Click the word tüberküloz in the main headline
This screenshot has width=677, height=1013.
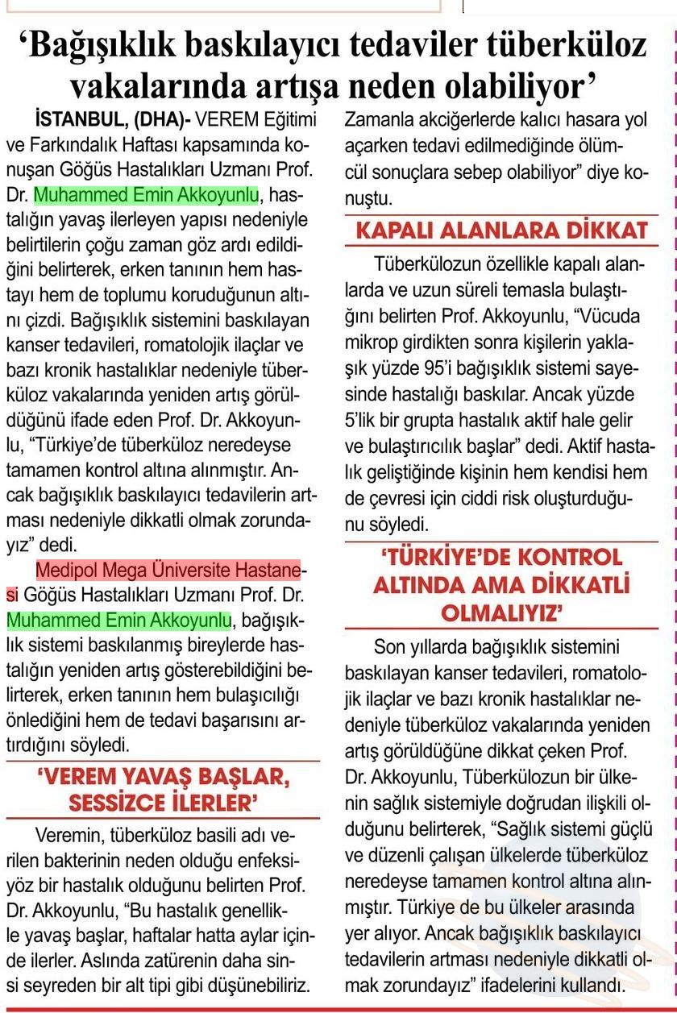[564, 45]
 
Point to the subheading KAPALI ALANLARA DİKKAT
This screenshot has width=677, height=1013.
[502, 230]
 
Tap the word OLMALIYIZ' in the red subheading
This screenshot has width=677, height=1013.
[501, 614]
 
